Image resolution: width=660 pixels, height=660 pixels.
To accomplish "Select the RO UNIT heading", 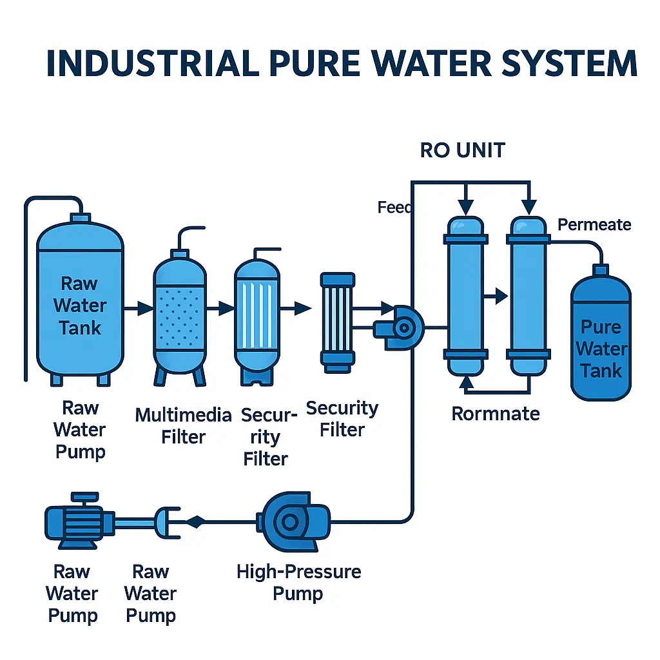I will [x=462, y=150].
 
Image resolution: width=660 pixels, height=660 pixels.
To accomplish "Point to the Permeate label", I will [x=594, y=224].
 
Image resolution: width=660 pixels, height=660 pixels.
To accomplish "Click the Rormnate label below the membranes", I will [x=495, y=413].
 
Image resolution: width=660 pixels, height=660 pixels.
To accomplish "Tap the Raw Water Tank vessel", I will [x=80, y=303].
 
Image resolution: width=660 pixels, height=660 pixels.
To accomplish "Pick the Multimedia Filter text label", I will [x=183, y=426].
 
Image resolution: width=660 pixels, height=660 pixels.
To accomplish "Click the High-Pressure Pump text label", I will [x=298, y=582].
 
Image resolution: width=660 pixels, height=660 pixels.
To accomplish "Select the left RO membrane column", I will [x=464, y=296].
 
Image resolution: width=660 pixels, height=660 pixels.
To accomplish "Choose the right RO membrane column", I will [x=528, y=296].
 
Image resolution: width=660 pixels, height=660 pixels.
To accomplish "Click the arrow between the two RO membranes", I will [x=496, y=296].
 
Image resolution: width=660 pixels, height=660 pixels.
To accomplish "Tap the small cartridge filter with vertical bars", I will [x=337, y=322].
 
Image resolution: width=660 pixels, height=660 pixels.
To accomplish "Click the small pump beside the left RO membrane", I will [x=400, y=328].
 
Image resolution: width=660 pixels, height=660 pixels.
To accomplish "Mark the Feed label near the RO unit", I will [x=393, y=208].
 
